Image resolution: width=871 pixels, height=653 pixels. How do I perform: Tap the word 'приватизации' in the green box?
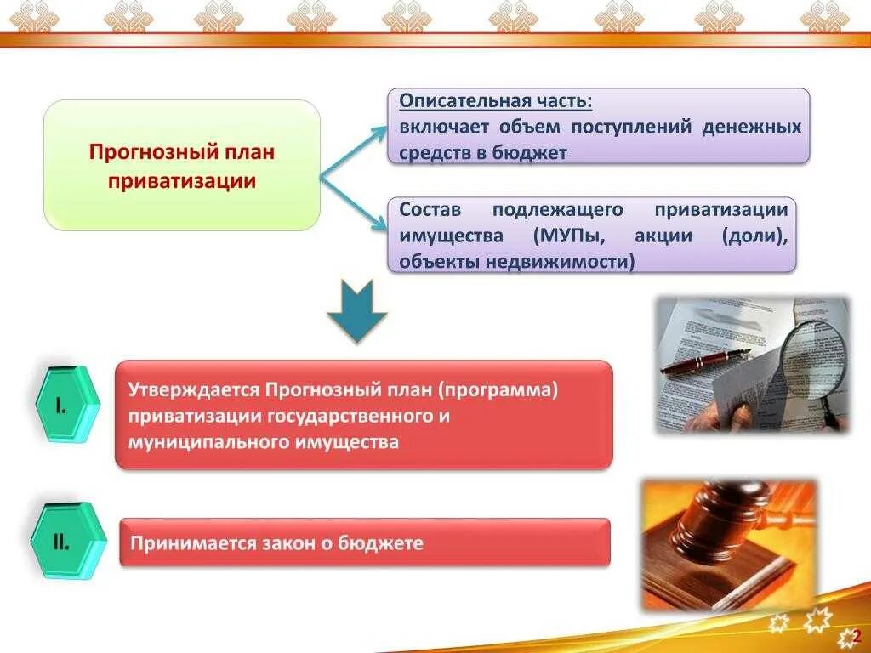point(182,180)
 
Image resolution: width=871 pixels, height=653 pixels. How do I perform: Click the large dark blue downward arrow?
point(357,310)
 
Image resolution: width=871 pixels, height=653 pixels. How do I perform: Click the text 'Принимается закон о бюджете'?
point(276,542)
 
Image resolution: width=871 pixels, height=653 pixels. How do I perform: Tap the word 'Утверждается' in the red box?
point(193,389)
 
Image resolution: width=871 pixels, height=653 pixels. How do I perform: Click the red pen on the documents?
point(703,361)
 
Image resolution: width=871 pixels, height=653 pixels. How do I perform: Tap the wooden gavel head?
point(723,510)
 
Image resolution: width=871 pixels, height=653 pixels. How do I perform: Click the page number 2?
point(857,637)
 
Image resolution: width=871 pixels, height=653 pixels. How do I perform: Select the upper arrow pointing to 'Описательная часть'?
point(352,152)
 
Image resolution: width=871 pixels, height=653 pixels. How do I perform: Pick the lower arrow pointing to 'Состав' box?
point(354,204)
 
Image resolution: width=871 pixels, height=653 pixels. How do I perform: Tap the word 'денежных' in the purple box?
point(752,128)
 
